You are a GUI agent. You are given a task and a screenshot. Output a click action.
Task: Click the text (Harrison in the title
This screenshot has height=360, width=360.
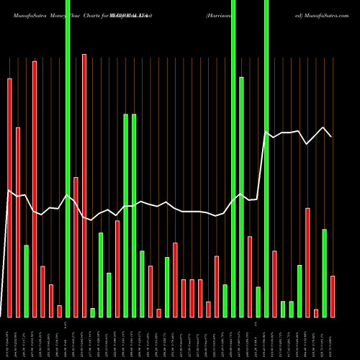click(x=218, y=14)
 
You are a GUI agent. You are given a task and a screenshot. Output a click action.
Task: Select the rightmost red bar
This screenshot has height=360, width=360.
click(x=333, y=296)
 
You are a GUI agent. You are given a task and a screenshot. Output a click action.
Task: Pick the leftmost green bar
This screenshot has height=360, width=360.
click(x=26, y=281)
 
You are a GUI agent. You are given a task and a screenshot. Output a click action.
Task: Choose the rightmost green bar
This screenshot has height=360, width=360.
click(x=324, y=273)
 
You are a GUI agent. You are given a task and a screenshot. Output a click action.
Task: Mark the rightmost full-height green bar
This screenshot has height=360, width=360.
click(x=266, y=158)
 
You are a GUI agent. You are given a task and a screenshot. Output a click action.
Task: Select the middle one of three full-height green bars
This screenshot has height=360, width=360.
click(x=233, y=158)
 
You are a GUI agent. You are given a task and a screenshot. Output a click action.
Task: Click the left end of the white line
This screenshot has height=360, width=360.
click(x=7, y=191)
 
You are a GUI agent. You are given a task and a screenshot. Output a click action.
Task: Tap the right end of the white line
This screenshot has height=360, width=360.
click(x=332, y=136)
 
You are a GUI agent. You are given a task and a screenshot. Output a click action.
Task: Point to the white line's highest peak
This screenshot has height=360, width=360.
click(x=324, y=127)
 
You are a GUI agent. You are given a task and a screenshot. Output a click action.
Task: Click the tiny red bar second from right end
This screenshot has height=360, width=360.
click(x=316, y=312)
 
